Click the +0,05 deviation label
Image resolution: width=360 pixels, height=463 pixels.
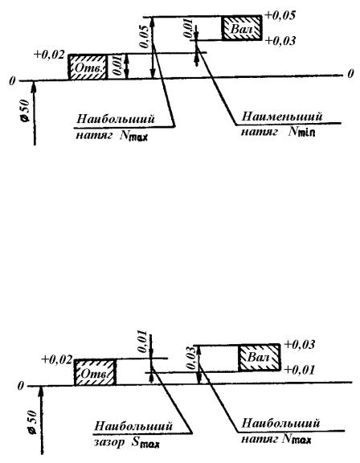[x=280, y=15]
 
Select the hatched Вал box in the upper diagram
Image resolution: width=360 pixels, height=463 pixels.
[x=242, y=28]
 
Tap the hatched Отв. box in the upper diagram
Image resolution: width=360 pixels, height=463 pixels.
[x=88, y=67]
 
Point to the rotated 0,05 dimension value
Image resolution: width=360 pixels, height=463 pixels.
[x=145, y=37]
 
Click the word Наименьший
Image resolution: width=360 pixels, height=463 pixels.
[x=282, y=116]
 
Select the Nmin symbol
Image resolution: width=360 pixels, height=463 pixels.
[x=301, y=131]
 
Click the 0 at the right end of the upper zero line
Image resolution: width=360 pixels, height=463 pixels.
[x=350, y=74]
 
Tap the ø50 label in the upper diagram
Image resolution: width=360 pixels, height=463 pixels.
[x=26, y=110]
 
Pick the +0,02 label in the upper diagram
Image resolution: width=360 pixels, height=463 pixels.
[x=49, y=55]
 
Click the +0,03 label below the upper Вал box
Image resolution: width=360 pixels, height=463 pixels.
[x=280, y=41]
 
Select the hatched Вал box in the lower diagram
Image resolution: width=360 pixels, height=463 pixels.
[x=260, y=358]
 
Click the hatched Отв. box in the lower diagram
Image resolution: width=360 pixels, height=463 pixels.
[x=95, y=373]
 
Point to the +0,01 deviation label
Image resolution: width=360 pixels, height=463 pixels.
[x=299, y=370]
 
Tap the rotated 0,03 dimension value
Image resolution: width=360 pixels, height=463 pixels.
[x=192, y=359]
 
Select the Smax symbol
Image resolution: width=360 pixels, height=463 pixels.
[x=145, y=442]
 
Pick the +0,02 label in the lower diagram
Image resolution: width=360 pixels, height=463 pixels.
[x=57, y=359]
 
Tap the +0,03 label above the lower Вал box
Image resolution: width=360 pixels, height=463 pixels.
[x=299, y=345]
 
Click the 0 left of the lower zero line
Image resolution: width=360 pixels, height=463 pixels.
[x=20, y=386]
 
